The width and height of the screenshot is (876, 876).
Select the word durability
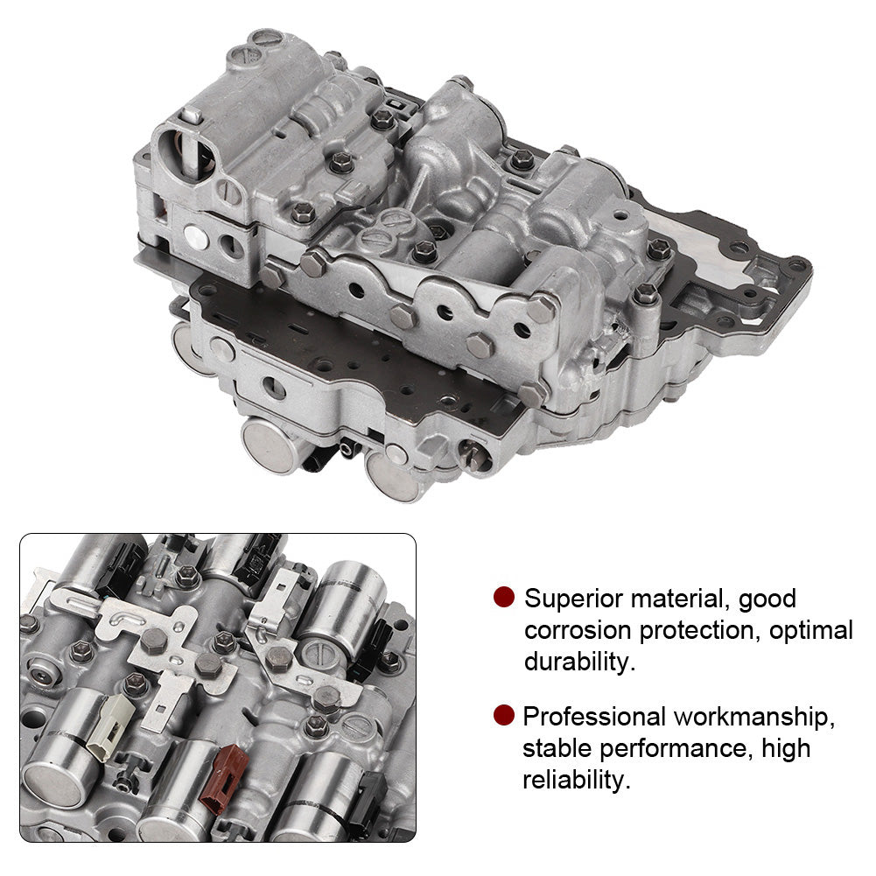click(579, 662)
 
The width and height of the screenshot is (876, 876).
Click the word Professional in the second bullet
click(594, 717)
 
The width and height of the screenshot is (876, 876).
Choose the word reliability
click(577, 780)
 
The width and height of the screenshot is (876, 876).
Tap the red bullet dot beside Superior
click(504, 597)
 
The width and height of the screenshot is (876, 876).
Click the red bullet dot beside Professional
click(504, 715)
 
